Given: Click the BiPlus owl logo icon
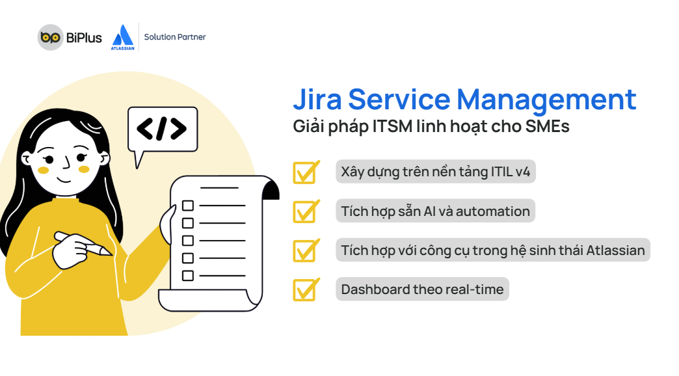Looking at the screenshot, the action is click(50, 37).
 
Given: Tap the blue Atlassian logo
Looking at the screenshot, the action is click(123, 37).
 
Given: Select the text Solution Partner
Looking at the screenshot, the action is click(175, 37).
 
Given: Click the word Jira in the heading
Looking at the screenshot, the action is click(317, 99).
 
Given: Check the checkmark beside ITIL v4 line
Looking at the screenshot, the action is click(306, 172).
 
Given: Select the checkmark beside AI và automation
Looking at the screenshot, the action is click(306, 211).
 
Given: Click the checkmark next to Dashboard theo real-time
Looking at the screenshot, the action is click(306, 289).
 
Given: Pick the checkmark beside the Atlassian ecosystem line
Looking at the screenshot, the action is click(306, 250).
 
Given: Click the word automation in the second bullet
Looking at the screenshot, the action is click(492, 211).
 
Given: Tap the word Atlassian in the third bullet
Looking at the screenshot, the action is click(615, 250).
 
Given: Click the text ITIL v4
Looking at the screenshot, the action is click(510, 172).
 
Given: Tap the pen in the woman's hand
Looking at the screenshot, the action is click(83, 243).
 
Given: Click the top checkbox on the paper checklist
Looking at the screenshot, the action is click(188, 206).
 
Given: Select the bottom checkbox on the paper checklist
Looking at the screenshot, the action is click(188, 276).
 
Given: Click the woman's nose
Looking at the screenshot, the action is click(66, 163).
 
